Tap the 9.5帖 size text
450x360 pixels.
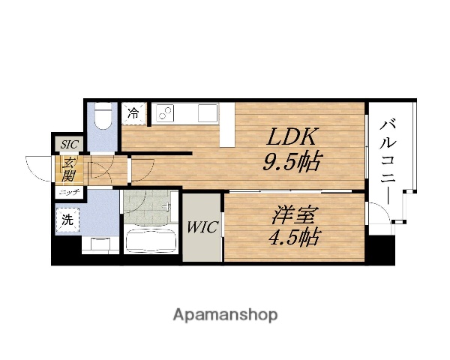pyautogui.click(x=291, y=161)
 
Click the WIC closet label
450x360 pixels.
pyautogui.click(x=202, y=227)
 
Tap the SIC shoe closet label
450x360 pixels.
pyautogui.click(x=69, y=144)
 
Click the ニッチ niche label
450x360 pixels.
pyautogui.click(x=69, y=193)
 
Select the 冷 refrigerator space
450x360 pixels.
pyautogui.click(x=133, y=114)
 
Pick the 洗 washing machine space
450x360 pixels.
pyautogui.click(x=67, y=220)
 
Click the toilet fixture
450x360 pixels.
pyautogui.click(x=103, y=116)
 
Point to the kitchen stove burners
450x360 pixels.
pyautogui.click(x=165, y=112)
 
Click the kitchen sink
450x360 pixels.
pyautogui.click(x=208, y=112)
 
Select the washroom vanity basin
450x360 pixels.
pyautogui.click(x=100, y=244)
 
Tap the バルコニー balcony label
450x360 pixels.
pyautogui.click(x=388, y=163)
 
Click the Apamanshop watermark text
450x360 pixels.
pyautogui.click(x=225, y=315)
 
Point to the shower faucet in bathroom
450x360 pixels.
pyautogui.click(x=166, y=205)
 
